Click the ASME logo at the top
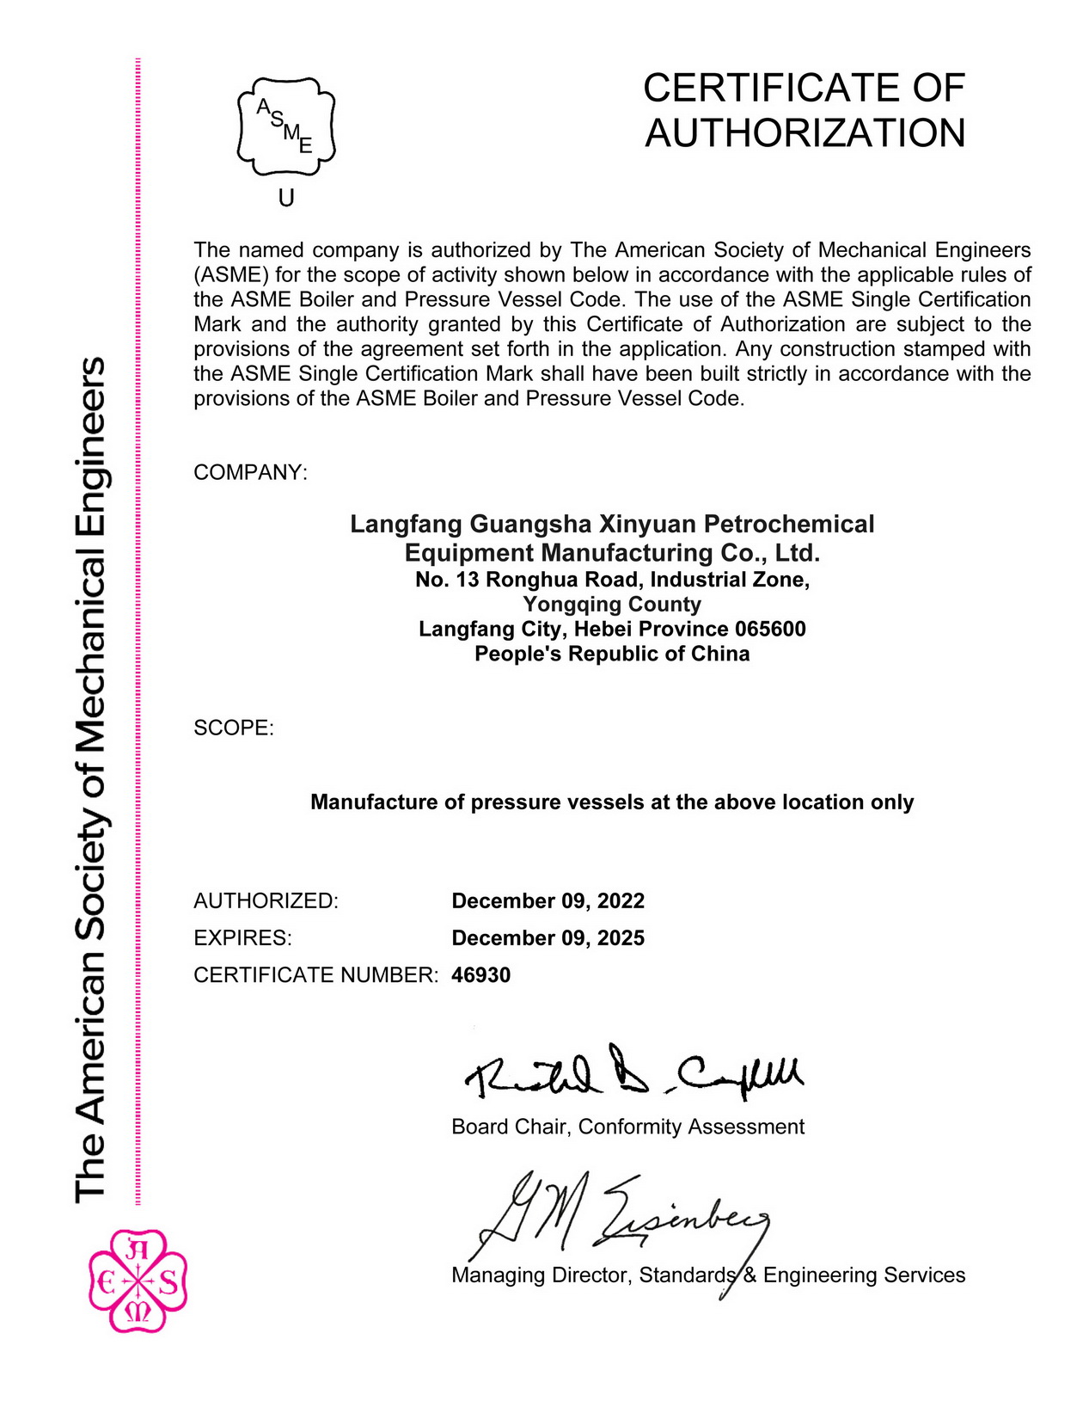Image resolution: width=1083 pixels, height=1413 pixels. click(x=286, y=127)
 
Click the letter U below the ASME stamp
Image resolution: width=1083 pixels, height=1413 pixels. click(x=286, y=199)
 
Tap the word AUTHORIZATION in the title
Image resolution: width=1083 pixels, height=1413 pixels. click(x=805, y=133)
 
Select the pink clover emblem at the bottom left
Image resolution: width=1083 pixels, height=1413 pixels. click(x=138, y=1281)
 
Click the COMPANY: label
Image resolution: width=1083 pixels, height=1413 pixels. click(x=250, y=472)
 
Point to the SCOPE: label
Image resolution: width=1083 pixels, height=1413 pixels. click(x=234, y=728)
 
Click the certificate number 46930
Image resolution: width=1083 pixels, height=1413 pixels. click(x=480, y=974)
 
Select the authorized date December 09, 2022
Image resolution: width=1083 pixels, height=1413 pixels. click(x=548, y=900)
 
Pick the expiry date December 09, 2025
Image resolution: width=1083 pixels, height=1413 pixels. click(x=548, y=937)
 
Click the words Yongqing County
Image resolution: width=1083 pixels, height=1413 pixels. click(x=612, y=604)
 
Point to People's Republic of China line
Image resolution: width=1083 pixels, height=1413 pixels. click(x=612, y=654)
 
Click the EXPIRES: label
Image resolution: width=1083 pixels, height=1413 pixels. click(x=242, y=937)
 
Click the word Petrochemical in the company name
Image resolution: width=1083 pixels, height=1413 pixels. click(x=788, y=524)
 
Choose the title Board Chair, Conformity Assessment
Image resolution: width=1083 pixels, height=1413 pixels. click(x=627, y=1127)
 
